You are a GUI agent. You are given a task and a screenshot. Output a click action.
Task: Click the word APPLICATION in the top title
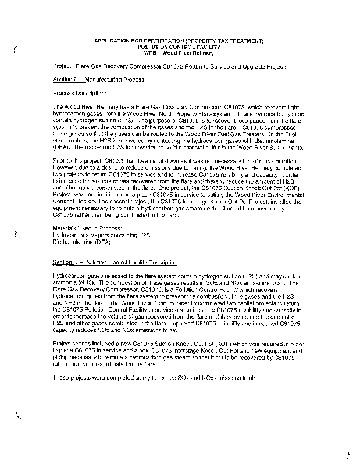tap(111, 41)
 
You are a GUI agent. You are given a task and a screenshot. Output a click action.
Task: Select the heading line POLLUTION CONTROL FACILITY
tap(180, 47)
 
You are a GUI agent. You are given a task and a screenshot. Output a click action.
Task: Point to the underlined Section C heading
tap(98, 80)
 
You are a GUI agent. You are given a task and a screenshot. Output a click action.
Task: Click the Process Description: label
tap(80, 93)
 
